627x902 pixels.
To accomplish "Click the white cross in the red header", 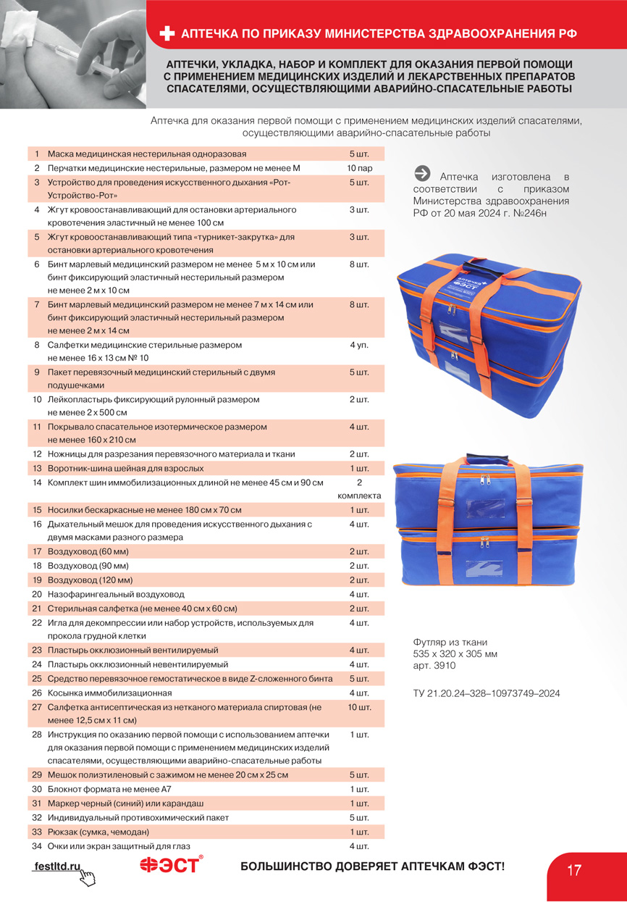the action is click(x=167, y=34).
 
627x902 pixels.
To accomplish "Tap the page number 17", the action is click(x=574, y=870).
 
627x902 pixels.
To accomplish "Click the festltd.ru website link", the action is click(x=57, y=866).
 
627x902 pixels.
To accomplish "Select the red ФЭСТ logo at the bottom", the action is click(x=171, y=865).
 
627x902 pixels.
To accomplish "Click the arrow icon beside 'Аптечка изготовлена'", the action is click(x=422, y=174).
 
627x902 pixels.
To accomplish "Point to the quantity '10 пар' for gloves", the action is click(x=359, y=168).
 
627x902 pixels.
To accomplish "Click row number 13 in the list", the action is click(x=37, y=468).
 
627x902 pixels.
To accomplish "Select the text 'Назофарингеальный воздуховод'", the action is click(x=116, y=594).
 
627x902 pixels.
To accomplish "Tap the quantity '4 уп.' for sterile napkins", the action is click(x=359, y=345).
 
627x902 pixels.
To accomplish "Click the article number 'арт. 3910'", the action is click(x=434, y=666).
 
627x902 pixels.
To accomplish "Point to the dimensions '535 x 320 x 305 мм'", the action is click(x=455, y=654).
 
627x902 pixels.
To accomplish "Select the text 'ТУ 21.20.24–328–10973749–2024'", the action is click(x=486, y=693).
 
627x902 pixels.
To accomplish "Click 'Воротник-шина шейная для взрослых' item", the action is click(x=125, y=468).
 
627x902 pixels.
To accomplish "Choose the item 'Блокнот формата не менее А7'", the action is click(x=109, y=789).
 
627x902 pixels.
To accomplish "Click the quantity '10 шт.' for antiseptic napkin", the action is click(x=359, y=708).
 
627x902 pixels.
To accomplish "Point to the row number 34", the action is click(x=37, y=846).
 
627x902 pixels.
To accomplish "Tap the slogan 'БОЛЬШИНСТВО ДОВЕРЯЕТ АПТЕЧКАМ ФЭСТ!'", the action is click(x=372, y=866).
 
